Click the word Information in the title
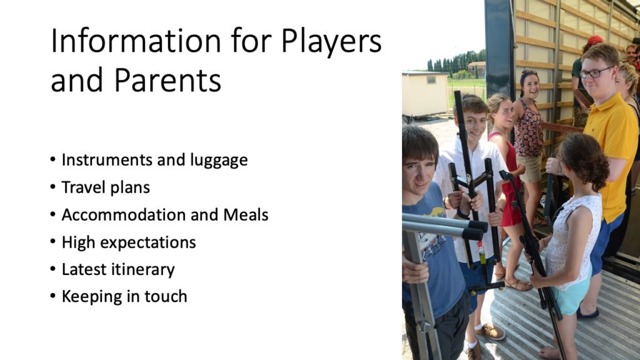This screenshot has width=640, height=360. pyautogui.click(x=136, y=41)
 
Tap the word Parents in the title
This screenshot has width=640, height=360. pyautogui.click(x=167, y=80)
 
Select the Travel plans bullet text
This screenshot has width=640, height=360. pyautogui.click(x=106, y=187)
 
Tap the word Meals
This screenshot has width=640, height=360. pyautogui.click(x=246, y=215)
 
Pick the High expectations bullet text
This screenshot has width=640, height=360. pyautogui.click(x=129, y=242)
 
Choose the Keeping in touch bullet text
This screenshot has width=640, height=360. pyautogui.click(x=124, y=297)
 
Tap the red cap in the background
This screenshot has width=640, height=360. pyautogui.click(x=595, y=39)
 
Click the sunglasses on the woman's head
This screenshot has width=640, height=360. pyautogui.click(x=529, y=73)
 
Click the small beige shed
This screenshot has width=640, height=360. pyautogui.click(x=425, y=94)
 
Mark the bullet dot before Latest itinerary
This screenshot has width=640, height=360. pyautogui.click(x=52, y=269)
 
